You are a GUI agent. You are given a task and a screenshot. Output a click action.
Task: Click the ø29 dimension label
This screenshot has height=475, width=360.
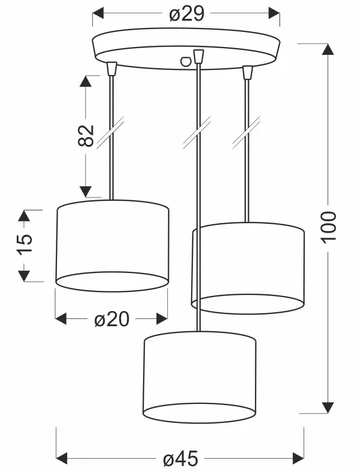(x=187, y=14)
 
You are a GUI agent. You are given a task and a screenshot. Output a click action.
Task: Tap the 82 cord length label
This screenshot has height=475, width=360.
(x=86, y=135)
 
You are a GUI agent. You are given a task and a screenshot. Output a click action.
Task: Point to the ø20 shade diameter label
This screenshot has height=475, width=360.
(x=112, y=319)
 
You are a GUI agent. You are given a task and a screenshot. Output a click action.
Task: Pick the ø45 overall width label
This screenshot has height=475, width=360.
(x=181, y=459)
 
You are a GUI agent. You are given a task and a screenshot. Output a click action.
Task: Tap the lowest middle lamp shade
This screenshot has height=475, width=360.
(x=200, y=376)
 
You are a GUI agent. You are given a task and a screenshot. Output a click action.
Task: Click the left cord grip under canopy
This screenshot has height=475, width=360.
(x=112, y=69)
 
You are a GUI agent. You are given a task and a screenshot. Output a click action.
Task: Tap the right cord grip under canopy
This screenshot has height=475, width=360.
(x=247, y=72)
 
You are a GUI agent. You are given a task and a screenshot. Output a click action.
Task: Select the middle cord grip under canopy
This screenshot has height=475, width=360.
(x=197, y=57)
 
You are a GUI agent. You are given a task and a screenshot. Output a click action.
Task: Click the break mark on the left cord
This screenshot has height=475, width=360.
(x=110, y=133)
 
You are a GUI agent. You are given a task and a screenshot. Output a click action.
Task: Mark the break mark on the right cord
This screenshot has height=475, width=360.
(x=247, y=133)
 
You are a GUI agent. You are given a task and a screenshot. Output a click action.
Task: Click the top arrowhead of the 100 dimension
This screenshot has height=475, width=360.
(x=328, y=49)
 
